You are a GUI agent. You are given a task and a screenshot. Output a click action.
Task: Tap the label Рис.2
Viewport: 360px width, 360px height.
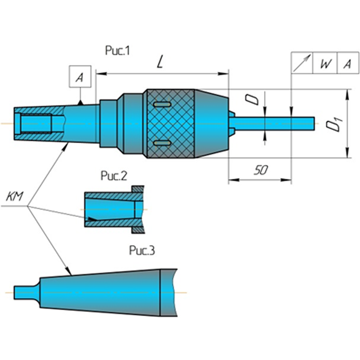click(x=114, y=176)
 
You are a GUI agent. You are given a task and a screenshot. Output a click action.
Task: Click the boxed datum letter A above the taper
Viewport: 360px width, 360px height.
click(x=80, y=77)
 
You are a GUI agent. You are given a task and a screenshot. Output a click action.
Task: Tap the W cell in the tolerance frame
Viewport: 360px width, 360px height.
click(x=325, y=64)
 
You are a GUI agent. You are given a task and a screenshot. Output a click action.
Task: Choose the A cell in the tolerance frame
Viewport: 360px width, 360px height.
click(x=347, y=64)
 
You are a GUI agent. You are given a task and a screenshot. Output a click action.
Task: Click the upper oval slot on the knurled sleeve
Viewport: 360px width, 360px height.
click(x=162, y=104)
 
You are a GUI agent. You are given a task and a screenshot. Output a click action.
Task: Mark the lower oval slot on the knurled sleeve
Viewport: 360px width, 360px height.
click(x=162, y=143)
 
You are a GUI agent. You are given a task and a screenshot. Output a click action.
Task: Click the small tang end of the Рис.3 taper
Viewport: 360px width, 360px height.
click(x=23, y=292)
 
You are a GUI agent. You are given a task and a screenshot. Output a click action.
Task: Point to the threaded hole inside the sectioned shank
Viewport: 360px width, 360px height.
click(x=36, y=123)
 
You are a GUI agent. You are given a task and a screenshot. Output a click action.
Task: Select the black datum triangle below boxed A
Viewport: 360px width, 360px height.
click(x=81, y=103)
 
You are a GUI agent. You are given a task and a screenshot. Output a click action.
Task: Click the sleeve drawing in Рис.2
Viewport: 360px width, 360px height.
click(x=113, y=209)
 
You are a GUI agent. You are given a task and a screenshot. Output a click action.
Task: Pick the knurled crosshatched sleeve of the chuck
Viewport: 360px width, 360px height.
click(x=169, y=124)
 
